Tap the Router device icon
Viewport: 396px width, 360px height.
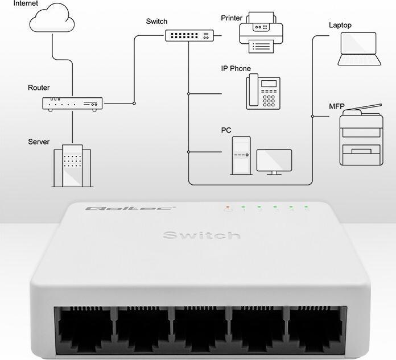point(72,104)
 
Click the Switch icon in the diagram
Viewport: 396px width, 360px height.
point(187,35)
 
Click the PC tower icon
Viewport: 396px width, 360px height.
point(240,155)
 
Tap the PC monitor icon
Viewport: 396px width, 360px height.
point(274,162)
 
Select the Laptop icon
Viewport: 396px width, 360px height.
point(358,49)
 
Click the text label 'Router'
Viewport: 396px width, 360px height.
point(39,88)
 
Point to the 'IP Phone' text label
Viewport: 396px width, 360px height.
point(236,69)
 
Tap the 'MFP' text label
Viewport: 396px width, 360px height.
point(336,106)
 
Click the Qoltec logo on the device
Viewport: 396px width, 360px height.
point(130,209)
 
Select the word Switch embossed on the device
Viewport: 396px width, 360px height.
point(201,235)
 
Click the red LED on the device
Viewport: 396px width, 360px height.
point(228,206)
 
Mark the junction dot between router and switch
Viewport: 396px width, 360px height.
point(134,104)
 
